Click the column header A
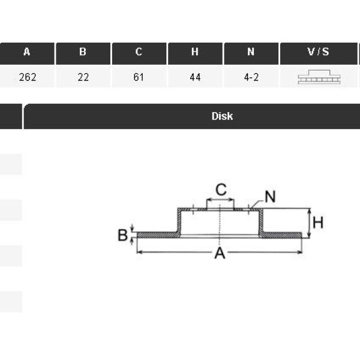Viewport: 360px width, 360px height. (27, 52)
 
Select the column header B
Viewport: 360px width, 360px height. (83, 52)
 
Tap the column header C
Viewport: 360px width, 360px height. (139, 52)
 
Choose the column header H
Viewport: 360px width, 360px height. (195, 52)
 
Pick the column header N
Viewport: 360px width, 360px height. (251, 52)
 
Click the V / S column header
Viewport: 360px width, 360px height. (319, 52)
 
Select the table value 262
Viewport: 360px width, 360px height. (28, 77)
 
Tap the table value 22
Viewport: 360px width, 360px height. (83, 77)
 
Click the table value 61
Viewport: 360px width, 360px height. (139, 77)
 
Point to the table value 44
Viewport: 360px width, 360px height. (195, 77)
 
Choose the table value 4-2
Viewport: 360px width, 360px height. (251, 77)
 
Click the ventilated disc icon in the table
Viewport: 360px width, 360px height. (319, 77)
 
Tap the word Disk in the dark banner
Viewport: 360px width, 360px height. (222, 116)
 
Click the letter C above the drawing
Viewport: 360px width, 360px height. (221, 190)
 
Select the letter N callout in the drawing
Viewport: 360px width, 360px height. (270, 197)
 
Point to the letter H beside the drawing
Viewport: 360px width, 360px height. (318, 223)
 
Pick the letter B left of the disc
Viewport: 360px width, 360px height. (122, 235)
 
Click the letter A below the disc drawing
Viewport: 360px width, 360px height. (220, 253)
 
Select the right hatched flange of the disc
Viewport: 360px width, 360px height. (282, 235)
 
